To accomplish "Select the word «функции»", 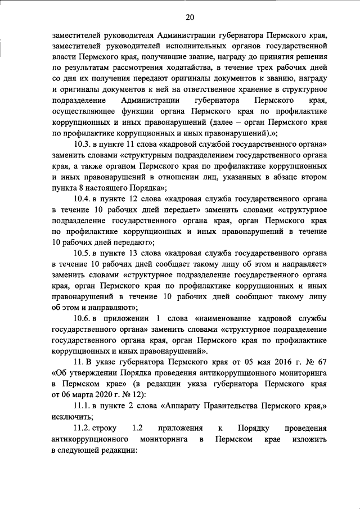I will click(x=136, y=112).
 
